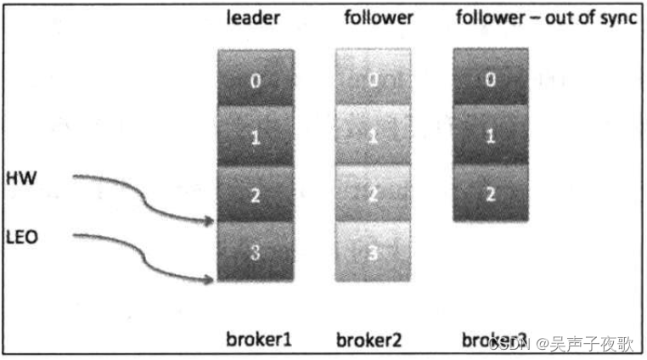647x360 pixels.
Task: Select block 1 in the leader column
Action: (x=256, y=136)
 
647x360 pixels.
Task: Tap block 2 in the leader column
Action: (x=256, y=194)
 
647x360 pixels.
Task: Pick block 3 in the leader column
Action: (x=256, y=251)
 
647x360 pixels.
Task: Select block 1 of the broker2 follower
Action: (x=373, y=136)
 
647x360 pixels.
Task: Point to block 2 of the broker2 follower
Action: (x=373, y=194)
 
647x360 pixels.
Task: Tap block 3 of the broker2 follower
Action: (x=373, y=251)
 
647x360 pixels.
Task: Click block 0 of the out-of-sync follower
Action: (x=490, y=78)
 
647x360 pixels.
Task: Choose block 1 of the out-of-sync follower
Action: (x=490, y=136)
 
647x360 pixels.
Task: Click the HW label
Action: (x=18, y=180)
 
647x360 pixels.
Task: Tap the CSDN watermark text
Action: (x=510, y=343)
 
